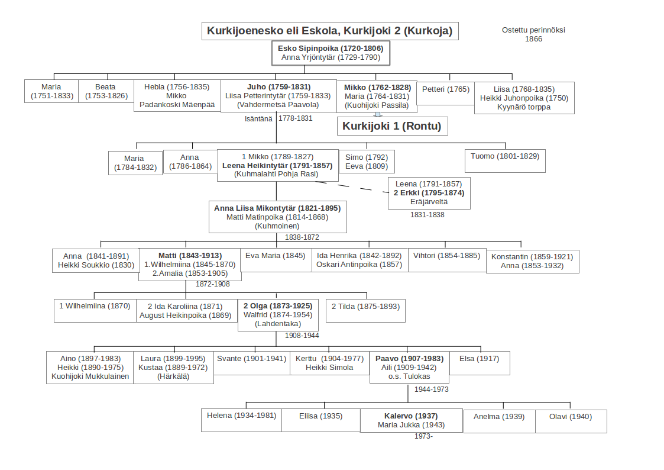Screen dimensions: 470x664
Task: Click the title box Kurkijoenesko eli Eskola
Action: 330,31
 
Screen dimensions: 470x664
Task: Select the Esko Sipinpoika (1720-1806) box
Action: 331,53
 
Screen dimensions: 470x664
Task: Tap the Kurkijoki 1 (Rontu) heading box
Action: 391,126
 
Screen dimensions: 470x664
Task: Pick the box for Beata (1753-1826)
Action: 106,91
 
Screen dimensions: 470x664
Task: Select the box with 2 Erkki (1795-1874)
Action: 429,193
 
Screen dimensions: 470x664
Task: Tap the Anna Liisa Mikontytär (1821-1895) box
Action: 277,217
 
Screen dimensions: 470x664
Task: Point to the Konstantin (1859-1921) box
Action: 532,261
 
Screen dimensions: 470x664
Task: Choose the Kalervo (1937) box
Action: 412,420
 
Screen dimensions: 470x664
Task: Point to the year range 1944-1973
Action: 431,389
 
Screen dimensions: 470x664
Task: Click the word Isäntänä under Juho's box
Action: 258,118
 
